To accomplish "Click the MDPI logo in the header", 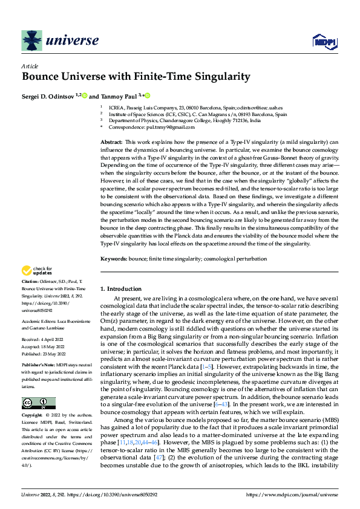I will pos(324,41).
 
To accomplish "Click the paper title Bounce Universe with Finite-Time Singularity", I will pos(136,77).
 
